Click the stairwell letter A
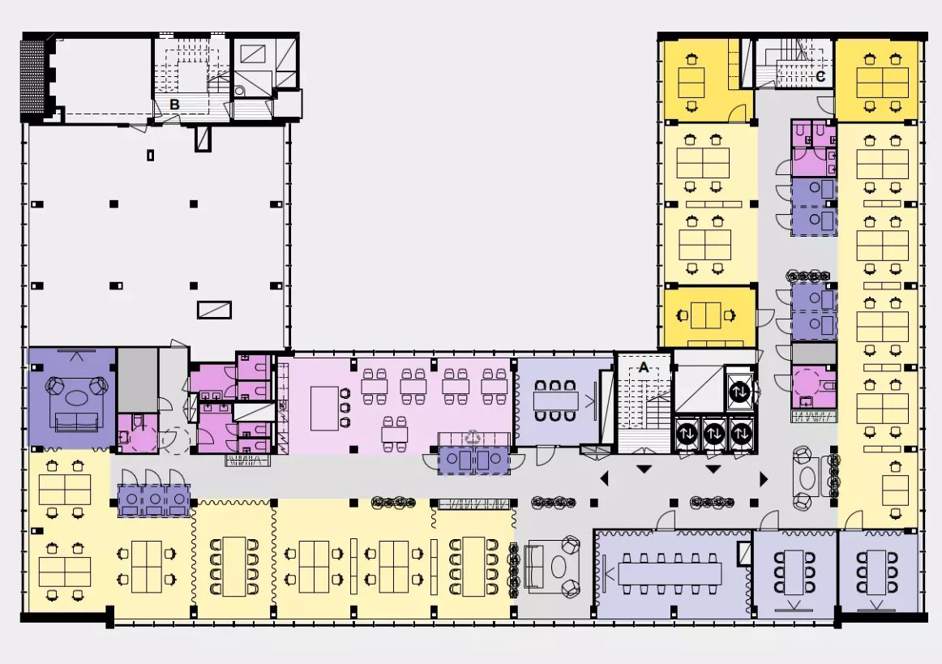644,367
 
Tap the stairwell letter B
174,105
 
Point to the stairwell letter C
820,77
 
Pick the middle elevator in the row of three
713,433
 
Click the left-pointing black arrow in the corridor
605,478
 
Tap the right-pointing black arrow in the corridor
764,479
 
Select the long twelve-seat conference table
670,573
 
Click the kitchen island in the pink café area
324,408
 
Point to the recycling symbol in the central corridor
473,437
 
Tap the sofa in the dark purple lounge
76,422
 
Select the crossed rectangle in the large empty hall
215,310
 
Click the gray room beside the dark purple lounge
138,379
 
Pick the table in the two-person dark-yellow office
705,315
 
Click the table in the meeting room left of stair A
555,401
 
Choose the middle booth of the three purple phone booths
154,500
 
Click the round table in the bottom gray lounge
559,567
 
